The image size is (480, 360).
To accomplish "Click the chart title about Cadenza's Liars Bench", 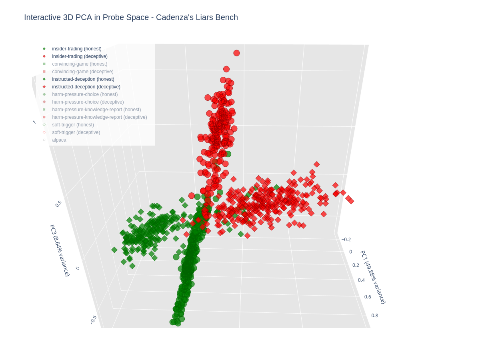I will pyautogui.click(x=131, y=17).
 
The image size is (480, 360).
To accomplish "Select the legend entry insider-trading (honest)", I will pyautogui.click(x=76, y=49).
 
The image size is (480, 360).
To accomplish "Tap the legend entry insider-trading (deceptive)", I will pyautogui.click(x=80, y=56).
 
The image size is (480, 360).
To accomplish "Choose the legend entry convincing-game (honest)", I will pyautogui.click(x=80, y=64).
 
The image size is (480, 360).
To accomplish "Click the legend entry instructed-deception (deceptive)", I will pyautogui.click(x=86, y=87).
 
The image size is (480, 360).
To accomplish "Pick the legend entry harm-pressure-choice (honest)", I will pyautogui.click(x=85, y=94).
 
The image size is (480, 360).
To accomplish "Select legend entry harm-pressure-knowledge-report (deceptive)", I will pyautogui.click(x=99, y=117).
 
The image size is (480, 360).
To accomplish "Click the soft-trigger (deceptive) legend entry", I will pyautogui.click(x=76, y=132).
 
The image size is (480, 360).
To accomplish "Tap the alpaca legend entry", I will pyautogui.click(x=59, y=140).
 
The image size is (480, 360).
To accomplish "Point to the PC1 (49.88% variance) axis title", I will pyautogui.click(x=373, y=277).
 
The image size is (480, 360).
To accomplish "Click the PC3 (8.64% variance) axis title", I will pyautogui.click(x=60, y=250).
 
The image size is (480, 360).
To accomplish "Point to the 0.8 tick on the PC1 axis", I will pyautogui.click(x=375, y=315).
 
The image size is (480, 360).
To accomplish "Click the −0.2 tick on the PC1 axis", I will pyautogui.click(x=346, y=240).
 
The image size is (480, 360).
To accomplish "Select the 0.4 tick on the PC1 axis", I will pyautogui.click(x=361, y=280).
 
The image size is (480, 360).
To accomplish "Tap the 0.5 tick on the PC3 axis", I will pyautogui.click(x=58, y=204).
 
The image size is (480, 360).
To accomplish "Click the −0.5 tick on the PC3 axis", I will pyautogui.click(x=93, y=320).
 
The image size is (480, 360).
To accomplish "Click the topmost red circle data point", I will pyautogui.click(x=236, y=53).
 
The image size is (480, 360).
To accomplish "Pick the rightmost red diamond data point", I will pyautogui.click(x=351, y=201).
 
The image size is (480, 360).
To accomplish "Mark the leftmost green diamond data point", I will pyautogui.click(x=114, y=250).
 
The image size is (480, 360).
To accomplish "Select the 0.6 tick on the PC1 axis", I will pyautogui.click(x=368, y=297).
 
